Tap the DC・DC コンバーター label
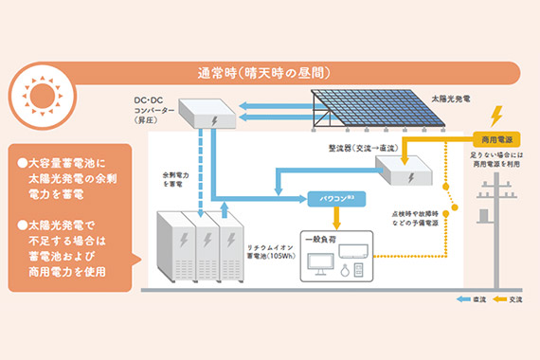click(154, 106)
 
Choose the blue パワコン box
click(330, 199)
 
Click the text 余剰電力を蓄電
click(177, 180)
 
